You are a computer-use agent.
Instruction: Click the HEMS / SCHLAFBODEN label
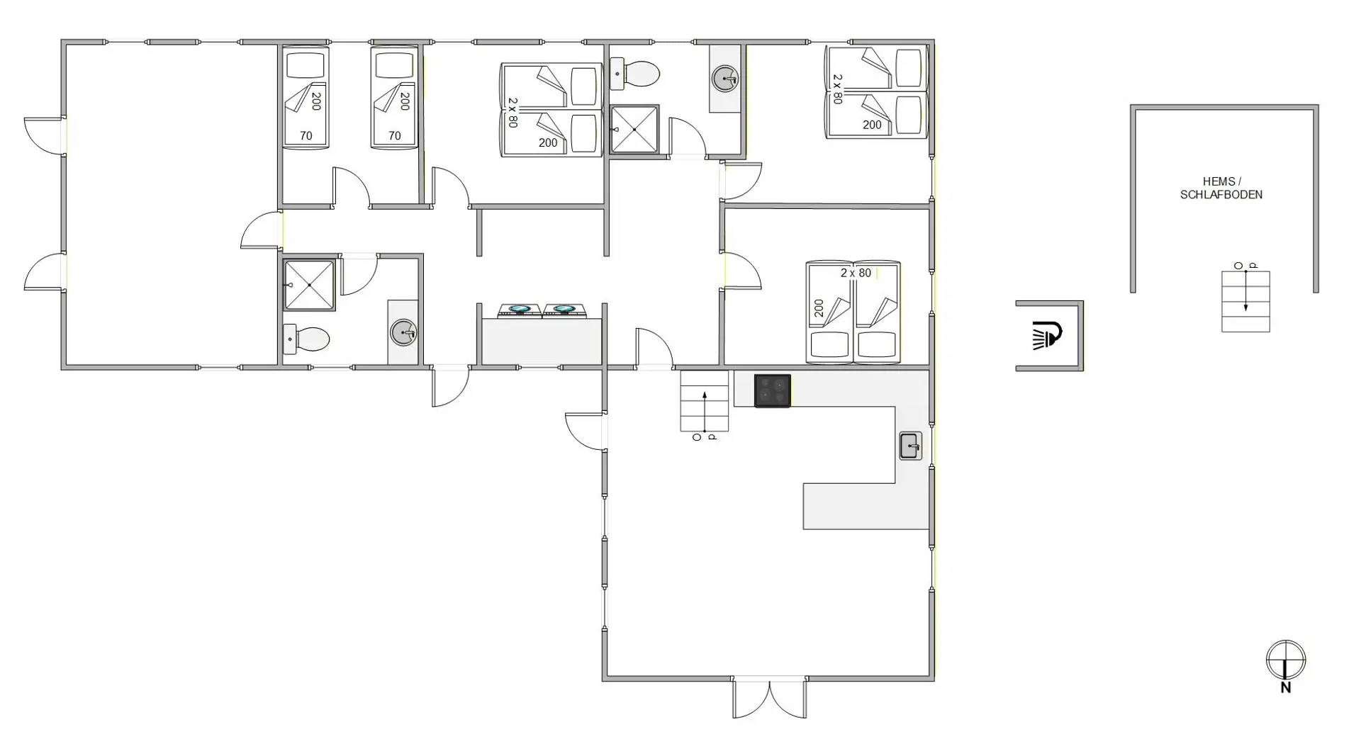[1221, 188]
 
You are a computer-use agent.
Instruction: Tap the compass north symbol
[1286, 666]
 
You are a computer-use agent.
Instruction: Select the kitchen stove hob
[773, 391]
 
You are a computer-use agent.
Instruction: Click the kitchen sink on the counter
[911, 446]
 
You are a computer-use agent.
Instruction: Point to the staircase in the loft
[1245, 301]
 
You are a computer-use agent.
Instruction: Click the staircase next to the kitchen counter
[705, 401]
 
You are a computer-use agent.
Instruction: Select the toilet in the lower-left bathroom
[306, 339]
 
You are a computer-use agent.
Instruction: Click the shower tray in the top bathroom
[635, 129]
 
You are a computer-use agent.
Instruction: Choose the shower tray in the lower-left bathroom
[309, 285]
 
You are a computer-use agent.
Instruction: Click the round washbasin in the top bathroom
[725, 78]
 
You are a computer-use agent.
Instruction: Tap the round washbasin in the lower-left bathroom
[403, 332]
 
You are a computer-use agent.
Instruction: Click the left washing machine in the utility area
[520, 310]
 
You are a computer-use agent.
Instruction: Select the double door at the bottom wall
[770, 698]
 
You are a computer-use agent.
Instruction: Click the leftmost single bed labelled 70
[306, 97]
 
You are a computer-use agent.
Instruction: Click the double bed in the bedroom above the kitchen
[853, 312]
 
